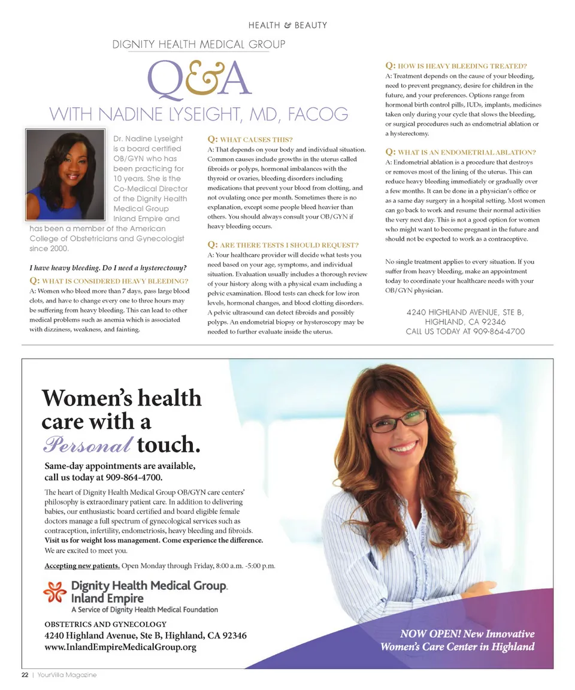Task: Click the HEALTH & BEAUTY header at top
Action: [x=287, y=25]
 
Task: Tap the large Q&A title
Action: [x=198, y=78]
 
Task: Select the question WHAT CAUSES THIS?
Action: [x=250, y=139]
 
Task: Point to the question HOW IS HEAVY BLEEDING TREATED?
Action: [x=456, y=66]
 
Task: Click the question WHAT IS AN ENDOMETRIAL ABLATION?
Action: [x=461, y=152]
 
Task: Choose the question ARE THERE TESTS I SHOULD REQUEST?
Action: [x=283, y=245]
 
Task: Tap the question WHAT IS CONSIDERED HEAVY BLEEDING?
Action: [x=109, y=281]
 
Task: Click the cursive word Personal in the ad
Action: [x=87, y=445]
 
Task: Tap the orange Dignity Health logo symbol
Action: [x=55, y=592]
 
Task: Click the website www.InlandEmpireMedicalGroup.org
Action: [x=120, y=647]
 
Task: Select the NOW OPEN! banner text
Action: [x=458, y=640]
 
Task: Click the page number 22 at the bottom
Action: [x=25, y=674]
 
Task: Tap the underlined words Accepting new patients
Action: [x=82, y=566]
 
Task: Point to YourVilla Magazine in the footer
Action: [x=66, y=674]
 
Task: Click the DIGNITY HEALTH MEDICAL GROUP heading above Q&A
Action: [x=198, y=44]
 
